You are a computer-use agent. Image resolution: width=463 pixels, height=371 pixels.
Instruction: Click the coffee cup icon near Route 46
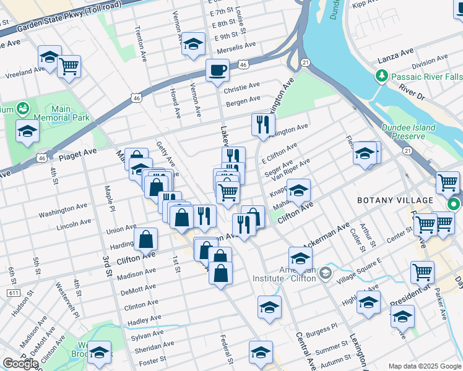tap(217, 70)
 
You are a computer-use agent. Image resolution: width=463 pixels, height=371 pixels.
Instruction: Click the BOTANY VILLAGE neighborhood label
tap(395, 200)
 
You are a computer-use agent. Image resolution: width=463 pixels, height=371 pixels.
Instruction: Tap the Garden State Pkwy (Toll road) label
tap(61, 20)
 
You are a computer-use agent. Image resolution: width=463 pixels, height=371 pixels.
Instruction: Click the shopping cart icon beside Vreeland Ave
tap(69, 65)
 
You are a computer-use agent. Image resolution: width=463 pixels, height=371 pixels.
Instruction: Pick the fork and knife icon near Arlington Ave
tap(263, 124)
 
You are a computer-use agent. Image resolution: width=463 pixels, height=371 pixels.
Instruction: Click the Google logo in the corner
tap(20, 364)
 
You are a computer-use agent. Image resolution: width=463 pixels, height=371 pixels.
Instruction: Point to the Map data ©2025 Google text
tap(424, 366)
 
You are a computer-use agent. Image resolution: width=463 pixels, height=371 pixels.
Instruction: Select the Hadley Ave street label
tap(144, 320)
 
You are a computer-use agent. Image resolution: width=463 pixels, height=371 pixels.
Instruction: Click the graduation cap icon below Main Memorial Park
tap(27, 131)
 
